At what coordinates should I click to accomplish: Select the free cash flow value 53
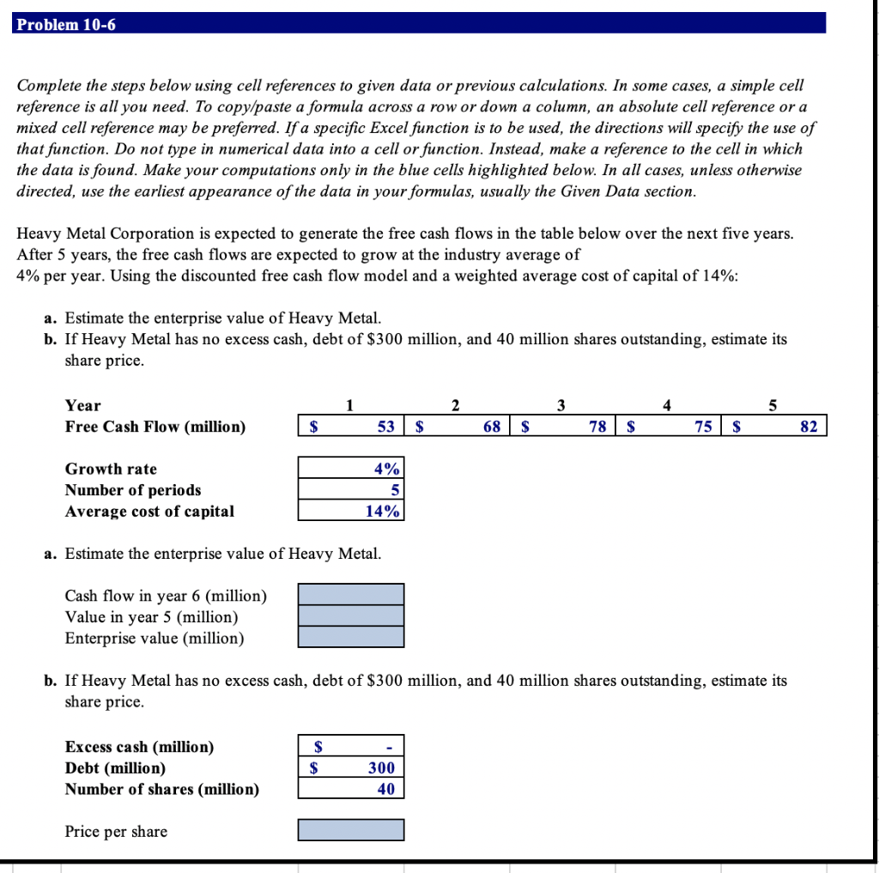click(385, 427)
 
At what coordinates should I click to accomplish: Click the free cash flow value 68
click(492, 427)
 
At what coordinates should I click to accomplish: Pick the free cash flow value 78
click(597, 427)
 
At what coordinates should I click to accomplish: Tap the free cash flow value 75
click(703, 427)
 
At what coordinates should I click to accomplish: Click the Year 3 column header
click(561, 405)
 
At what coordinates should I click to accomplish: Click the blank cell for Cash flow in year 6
click(350, 594)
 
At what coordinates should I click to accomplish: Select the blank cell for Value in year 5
click(350, 615)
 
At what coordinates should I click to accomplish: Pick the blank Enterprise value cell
click(350, 637)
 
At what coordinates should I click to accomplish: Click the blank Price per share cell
click(350, 830)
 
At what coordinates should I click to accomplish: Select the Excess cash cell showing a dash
click(350, 747)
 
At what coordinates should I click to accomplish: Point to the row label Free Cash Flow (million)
click(155, 427)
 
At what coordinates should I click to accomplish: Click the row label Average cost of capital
click(149, 512)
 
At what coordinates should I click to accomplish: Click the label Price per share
click(116, 831)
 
